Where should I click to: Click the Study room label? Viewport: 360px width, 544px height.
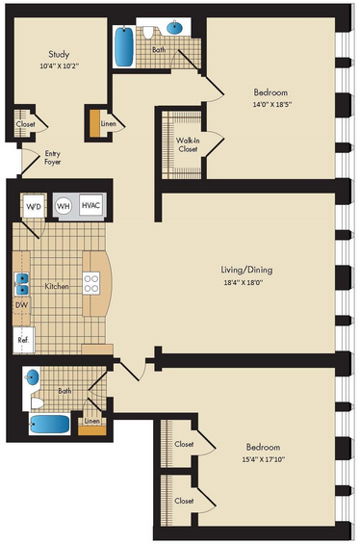point(59,54)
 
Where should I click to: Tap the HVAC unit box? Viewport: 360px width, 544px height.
point(90,205)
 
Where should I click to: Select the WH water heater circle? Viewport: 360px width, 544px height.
point(64,206)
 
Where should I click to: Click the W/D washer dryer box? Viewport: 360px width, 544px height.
point(34,207)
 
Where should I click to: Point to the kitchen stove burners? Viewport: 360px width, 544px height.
point(91,283)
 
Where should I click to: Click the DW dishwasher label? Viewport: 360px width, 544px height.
point(21,305)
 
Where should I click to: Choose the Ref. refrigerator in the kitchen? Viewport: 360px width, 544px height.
point(24,340)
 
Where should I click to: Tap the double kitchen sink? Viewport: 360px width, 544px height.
point(21,284)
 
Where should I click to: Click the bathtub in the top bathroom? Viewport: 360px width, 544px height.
point(124,47)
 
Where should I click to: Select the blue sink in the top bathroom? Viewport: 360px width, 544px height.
point(175,27)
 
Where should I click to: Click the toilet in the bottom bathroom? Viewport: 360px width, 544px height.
point(38,403)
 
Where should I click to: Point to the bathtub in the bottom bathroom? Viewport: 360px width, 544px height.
point(49,424)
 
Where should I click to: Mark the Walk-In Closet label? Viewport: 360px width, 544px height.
point(188,144)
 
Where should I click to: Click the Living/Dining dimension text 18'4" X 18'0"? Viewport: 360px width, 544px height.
point(244,282)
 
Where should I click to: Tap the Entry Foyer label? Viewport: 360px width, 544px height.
point(52,158)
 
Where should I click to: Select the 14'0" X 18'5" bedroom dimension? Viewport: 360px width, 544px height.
point(271,104)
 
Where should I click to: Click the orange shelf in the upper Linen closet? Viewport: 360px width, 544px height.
point(94,123)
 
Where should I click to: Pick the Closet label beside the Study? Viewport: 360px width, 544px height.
point(25,124)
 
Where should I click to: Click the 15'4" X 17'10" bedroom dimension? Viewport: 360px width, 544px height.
point(263,459)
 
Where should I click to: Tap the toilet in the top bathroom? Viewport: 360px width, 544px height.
point(148,33)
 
